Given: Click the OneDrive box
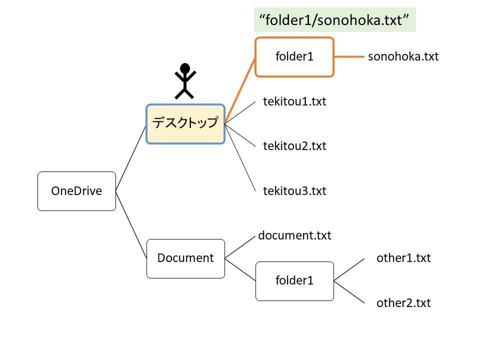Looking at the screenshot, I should [76, 190].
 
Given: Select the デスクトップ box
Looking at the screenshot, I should [185, 123].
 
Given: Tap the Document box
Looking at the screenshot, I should [185, 258].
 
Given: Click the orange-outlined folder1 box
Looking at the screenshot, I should [294, 57].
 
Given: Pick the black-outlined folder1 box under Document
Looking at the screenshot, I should [294, 281].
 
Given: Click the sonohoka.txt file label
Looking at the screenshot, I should [403, 56].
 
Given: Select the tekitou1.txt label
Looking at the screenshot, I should [294, 102].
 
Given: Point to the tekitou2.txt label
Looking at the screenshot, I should [294, 146].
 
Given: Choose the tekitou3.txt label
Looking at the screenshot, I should [294, 191].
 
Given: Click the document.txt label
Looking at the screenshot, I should [294, 235].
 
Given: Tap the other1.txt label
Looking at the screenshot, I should [403, 258].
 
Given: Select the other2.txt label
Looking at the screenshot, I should [403, 303].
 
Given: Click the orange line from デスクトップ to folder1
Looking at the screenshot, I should [240, 90].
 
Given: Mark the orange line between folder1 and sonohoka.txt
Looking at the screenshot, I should [349, 57].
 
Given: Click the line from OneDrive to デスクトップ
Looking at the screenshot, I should [131, 157].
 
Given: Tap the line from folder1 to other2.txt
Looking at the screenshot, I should [349, 292].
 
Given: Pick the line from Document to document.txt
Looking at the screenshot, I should [240, 247].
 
